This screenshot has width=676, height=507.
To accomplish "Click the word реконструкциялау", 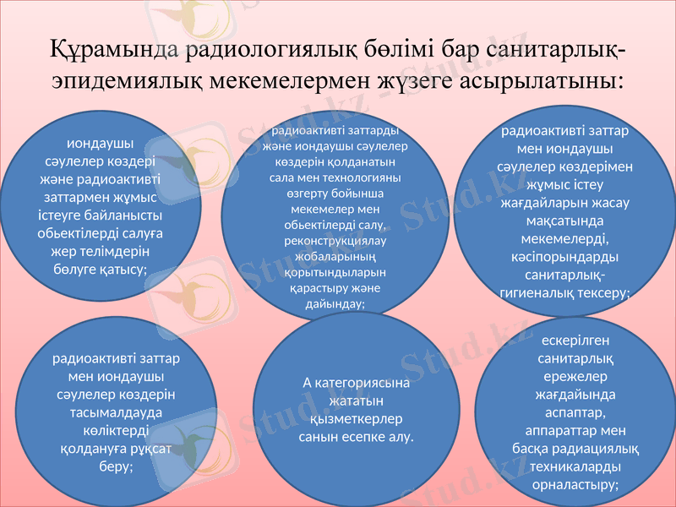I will click(x=337, y=243).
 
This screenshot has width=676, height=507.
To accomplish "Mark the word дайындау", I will click(x=335, y=304).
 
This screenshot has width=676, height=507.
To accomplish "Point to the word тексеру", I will click(x=600, y=291).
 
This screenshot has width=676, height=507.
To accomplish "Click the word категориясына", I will click(x=365, y=382).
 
